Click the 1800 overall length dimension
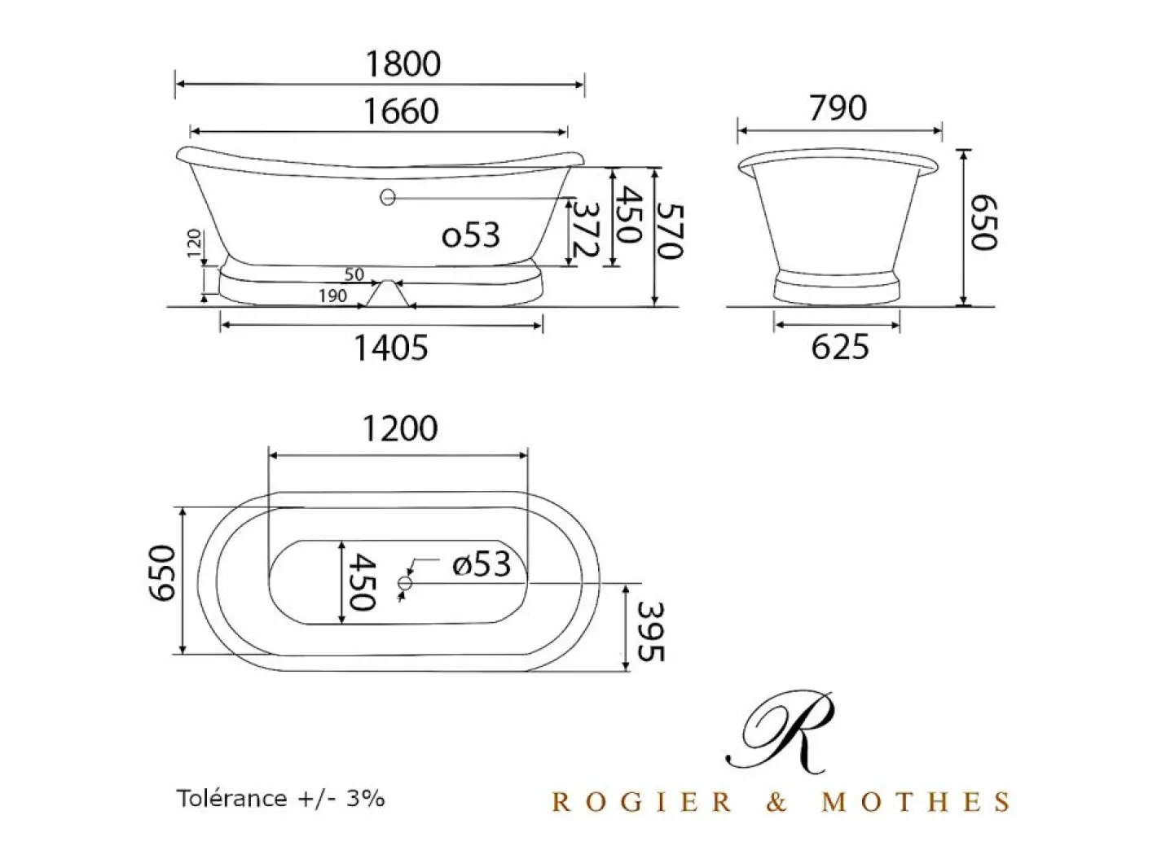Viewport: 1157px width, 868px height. (403, 64)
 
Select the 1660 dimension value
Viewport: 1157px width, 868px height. (401, 111)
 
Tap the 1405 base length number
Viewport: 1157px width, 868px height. (390, 349)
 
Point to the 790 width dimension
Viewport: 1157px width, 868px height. (838, 107)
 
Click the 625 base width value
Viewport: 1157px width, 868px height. (840, 347)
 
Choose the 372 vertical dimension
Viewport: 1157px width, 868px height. (585, 230)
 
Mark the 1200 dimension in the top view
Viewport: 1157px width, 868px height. (400, 429)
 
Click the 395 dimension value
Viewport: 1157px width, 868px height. (651, 632)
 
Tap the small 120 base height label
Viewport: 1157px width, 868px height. (195, 243)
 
